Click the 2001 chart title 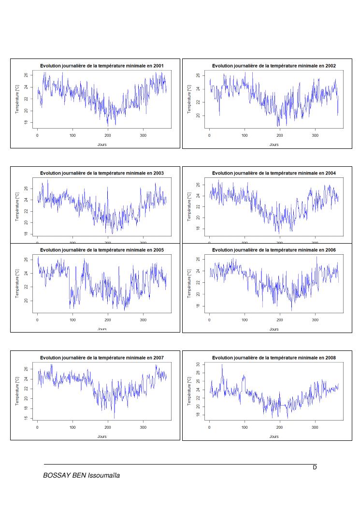[x=101, y=66]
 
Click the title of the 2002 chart [x=274, y=66]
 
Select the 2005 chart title [x=101, y=250]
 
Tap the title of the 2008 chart [x=274, y=358]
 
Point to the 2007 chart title [x=101, y=358]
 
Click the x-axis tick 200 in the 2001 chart [x=108, y=135]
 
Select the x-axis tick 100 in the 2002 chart [x=245, y=135]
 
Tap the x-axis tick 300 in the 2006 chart [x=315, y=320]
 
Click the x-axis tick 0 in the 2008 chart [x=209, y=427]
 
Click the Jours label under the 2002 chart [x=274, y=145]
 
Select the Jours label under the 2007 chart [x=101, y=436]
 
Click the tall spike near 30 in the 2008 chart [x=222, y=365]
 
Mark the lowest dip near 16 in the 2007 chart [x=114, y=418]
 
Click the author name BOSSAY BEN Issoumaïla [x=81, y=476]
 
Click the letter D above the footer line [x=315, y=467]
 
